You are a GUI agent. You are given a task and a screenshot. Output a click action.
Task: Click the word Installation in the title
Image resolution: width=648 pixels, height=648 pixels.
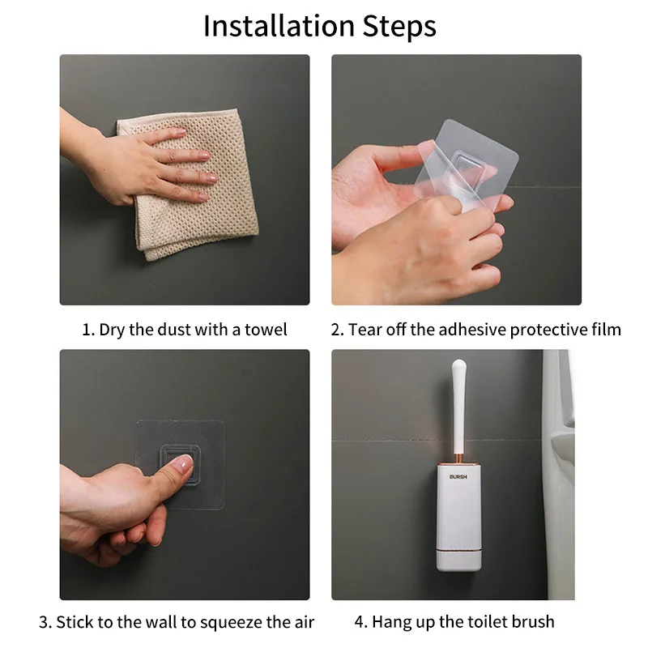click(x=279, y=26)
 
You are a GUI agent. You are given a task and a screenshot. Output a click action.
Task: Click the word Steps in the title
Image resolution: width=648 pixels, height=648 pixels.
click(x=399, y=27)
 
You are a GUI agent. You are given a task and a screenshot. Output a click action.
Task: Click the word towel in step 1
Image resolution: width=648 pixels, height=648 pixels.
click(x=266, y=330)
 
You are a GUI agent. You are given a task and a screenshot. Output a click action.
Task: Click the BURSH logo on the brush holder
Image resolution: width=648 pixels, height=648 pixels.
click(x=458, y=476)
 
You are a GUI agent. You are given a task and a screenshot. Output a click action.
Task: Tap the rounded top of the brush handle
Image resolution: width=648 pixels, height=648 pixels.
click(x=459, y=366)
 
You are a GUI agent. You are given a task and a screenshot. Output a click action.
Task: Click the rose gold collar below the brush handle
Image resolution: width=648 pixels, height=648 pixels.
click(x=458, y=458)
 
